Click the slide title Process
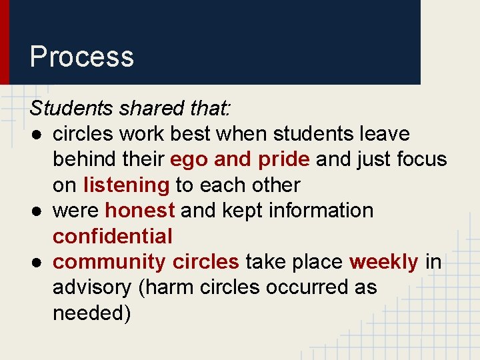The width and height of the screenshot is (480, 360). (81, 57)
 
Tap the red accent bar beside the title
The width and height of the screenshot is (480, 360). (4, 42)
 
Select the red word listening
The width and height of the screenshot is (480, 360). (126, 185)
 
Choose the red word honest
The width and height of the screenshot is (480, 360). (140, 211)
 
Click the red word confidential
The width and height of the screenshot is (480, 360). (112, 236)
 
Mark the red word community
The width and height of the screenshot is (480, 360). (109, 262)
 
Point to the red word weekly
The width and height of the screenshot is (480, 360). (383, 262)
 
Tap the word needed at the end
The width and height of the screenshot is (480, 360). (91, 313)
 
